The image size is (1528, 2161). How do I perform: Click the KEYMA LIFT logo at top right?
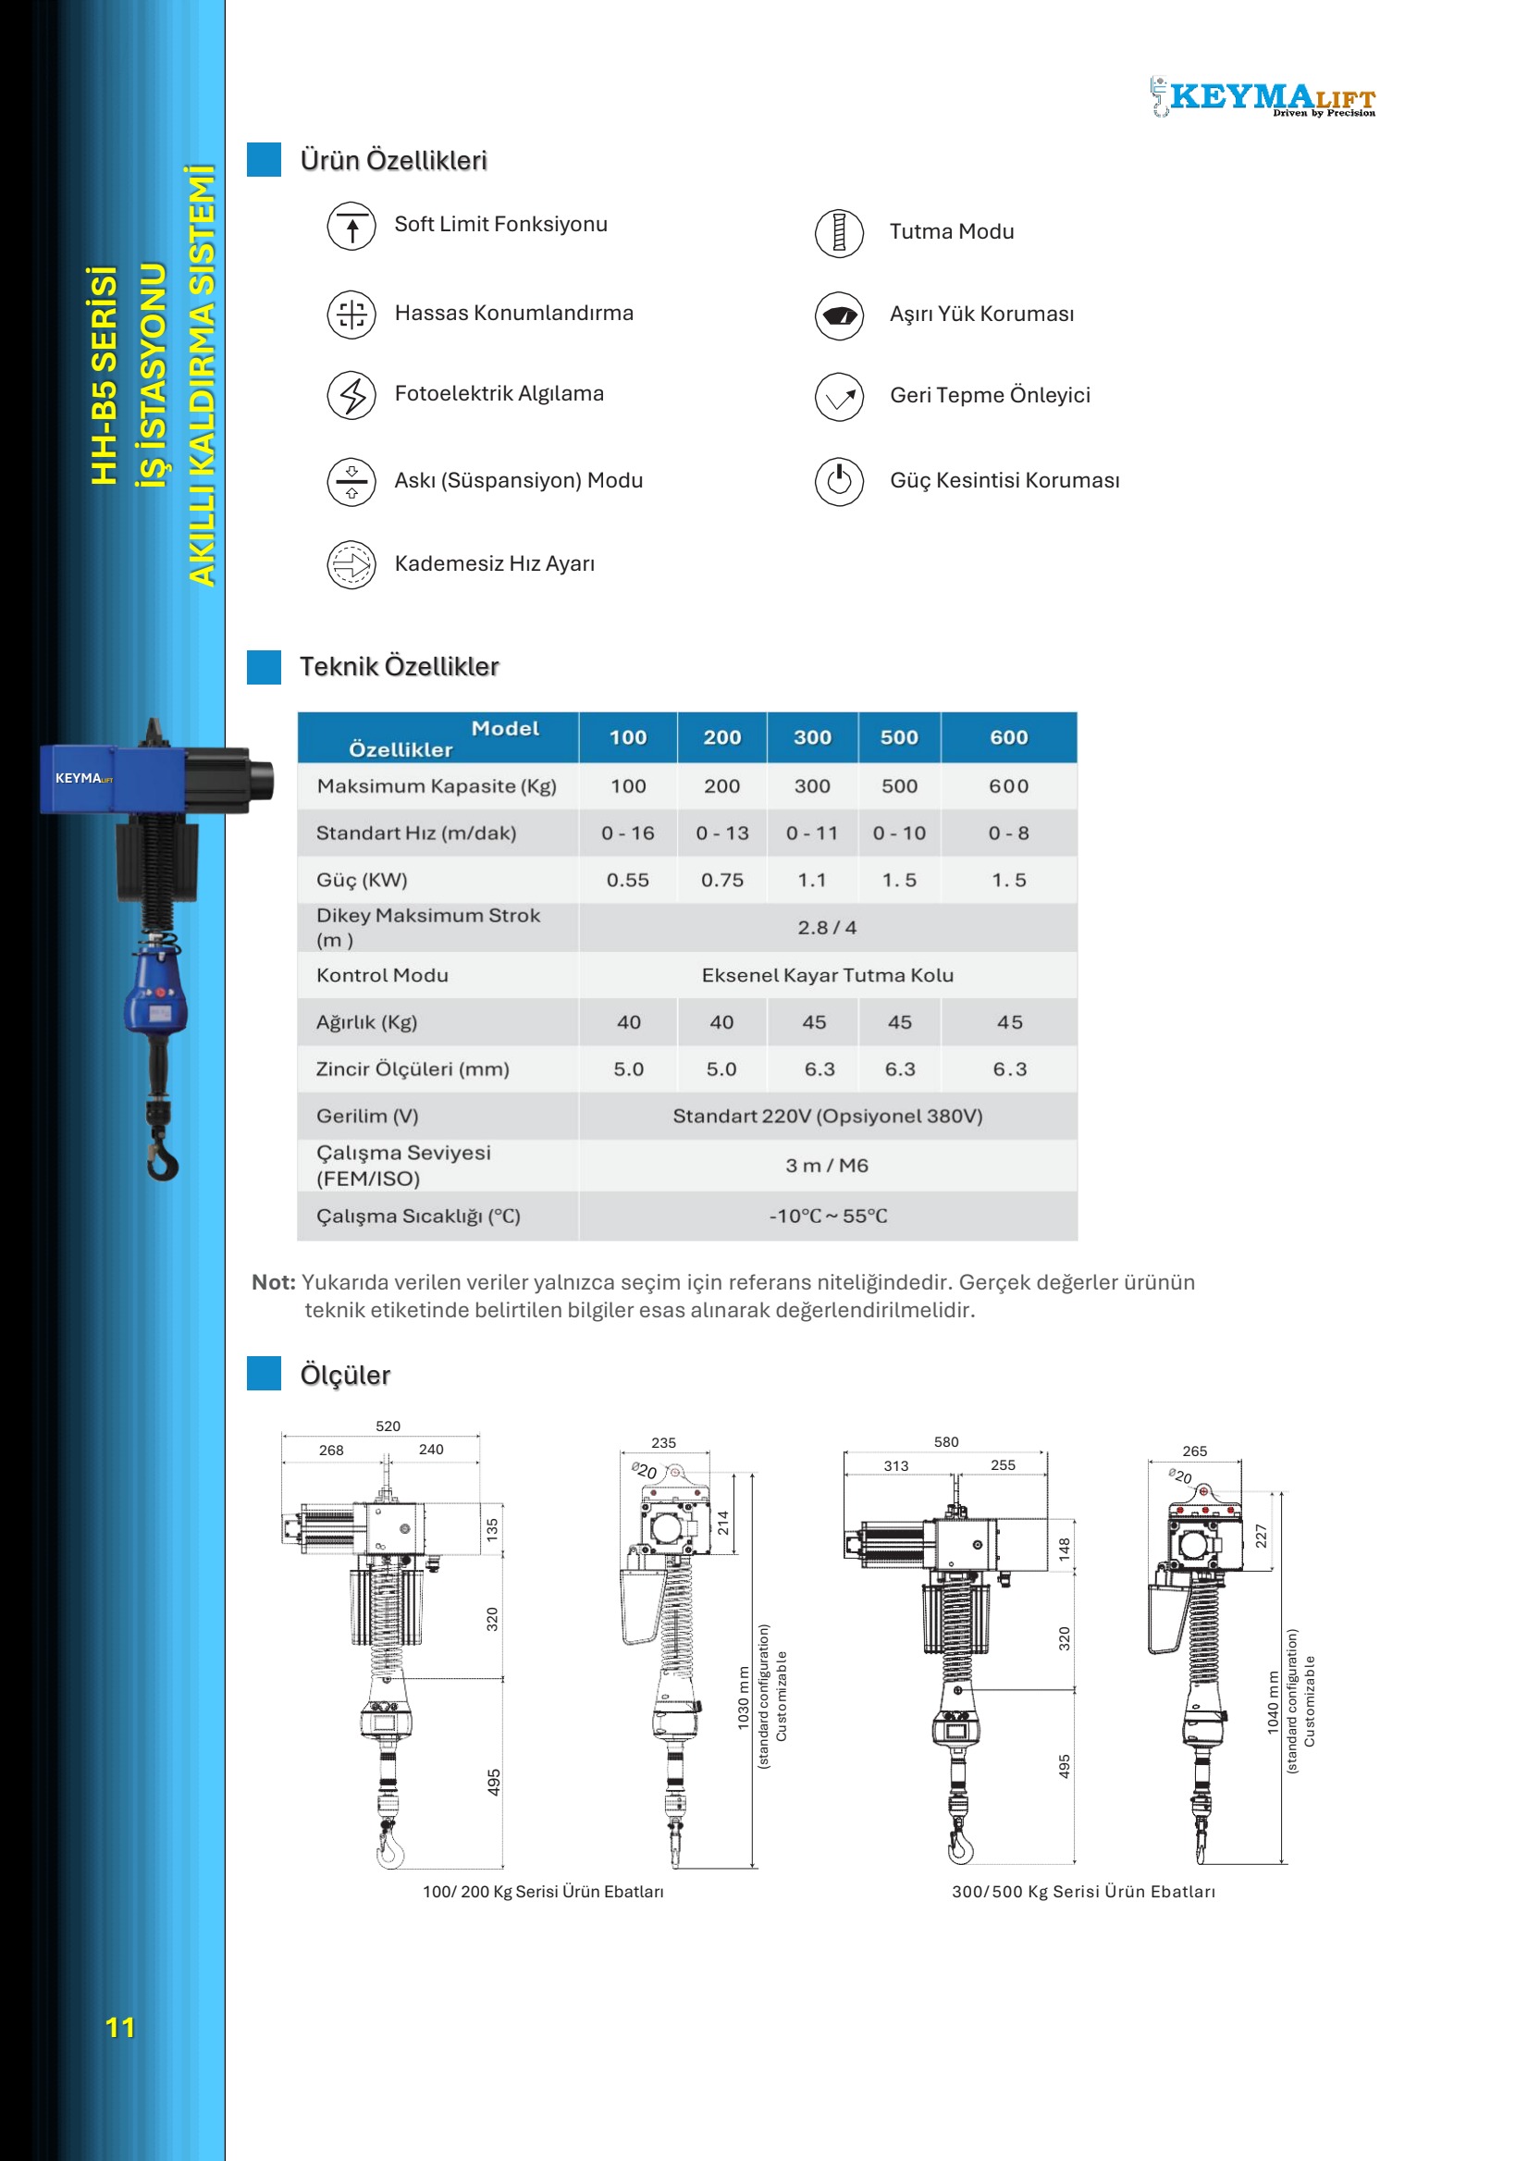click(1263, 97)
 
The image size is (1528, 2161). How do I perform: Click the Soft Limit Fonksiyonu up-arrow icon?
click(351, 227)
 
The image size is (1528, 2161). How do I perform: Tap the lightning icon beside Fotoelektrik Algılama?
click(351, 394)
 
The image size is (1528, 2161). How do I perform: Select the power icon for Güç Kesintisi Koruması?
click(838, 481)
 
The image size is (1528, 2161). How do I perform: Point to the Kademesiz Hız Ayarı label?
click(494, 563)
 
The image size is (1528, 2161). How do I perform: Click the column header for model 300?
click(812, 738)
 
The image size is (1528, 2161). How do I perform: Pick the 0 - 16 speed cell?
click(627, 833)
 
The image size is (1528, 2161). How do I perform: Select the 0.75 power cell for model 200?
click(721, 880)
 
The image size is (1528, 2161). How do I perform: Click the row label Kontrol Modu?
click(382, 975)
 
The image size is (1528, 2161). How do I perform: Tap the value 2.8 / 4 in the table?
click(827, 928)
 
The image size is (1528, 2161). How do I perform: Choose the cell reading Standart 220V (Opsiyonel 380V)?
click(827, 1117)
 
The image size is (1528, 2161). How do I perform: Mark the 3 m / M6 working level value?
click(827, 1166)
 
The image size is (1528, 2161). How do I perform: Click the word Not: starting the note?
click(273, 1282)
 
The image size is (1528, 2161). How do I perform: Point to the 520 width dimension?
click(388, 1426)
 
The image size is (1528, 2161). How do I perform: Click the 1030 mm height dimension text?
click(744, 1698)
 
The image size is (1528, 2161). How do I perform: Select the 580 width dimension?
click(945, 1442)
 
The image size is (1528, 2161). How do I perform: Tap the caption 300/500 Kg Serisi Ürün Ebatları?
click(1083, 1892)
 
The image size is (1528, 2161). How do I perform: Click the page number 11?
click(119, 2028)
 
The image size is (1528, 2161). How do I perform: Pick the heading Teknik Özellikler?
click(399, 666)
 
